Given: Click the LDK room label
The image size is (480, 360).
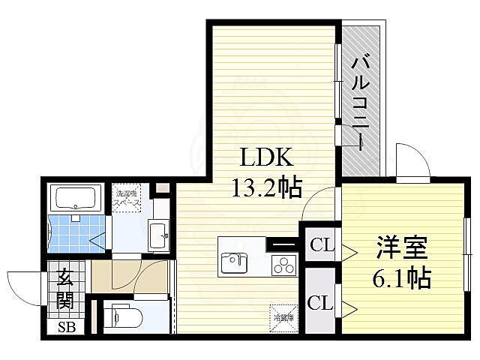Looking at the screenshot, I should coord(262,159).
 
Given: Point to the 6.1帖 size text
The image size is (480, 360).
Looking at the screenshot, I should coord(401,280).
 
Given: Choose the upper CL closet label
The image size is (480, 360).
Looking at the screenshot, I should coord(321,244).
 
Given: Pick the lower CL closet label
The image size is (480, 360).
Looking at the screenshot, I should coord(320,303).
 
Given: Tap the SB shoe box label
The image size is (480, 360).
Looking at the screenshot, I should coord(67,328).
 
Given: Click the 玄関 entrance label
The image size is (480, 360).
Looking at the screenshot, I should coord(64,289).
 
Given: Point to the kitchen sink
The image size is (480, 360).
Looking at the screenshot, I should coord(232,263).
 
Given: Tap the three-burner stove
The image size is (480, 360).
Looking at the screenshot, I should coord(283,264).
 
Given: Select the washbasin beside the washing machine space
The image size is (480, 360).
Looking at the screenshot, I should coord(158,235).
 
